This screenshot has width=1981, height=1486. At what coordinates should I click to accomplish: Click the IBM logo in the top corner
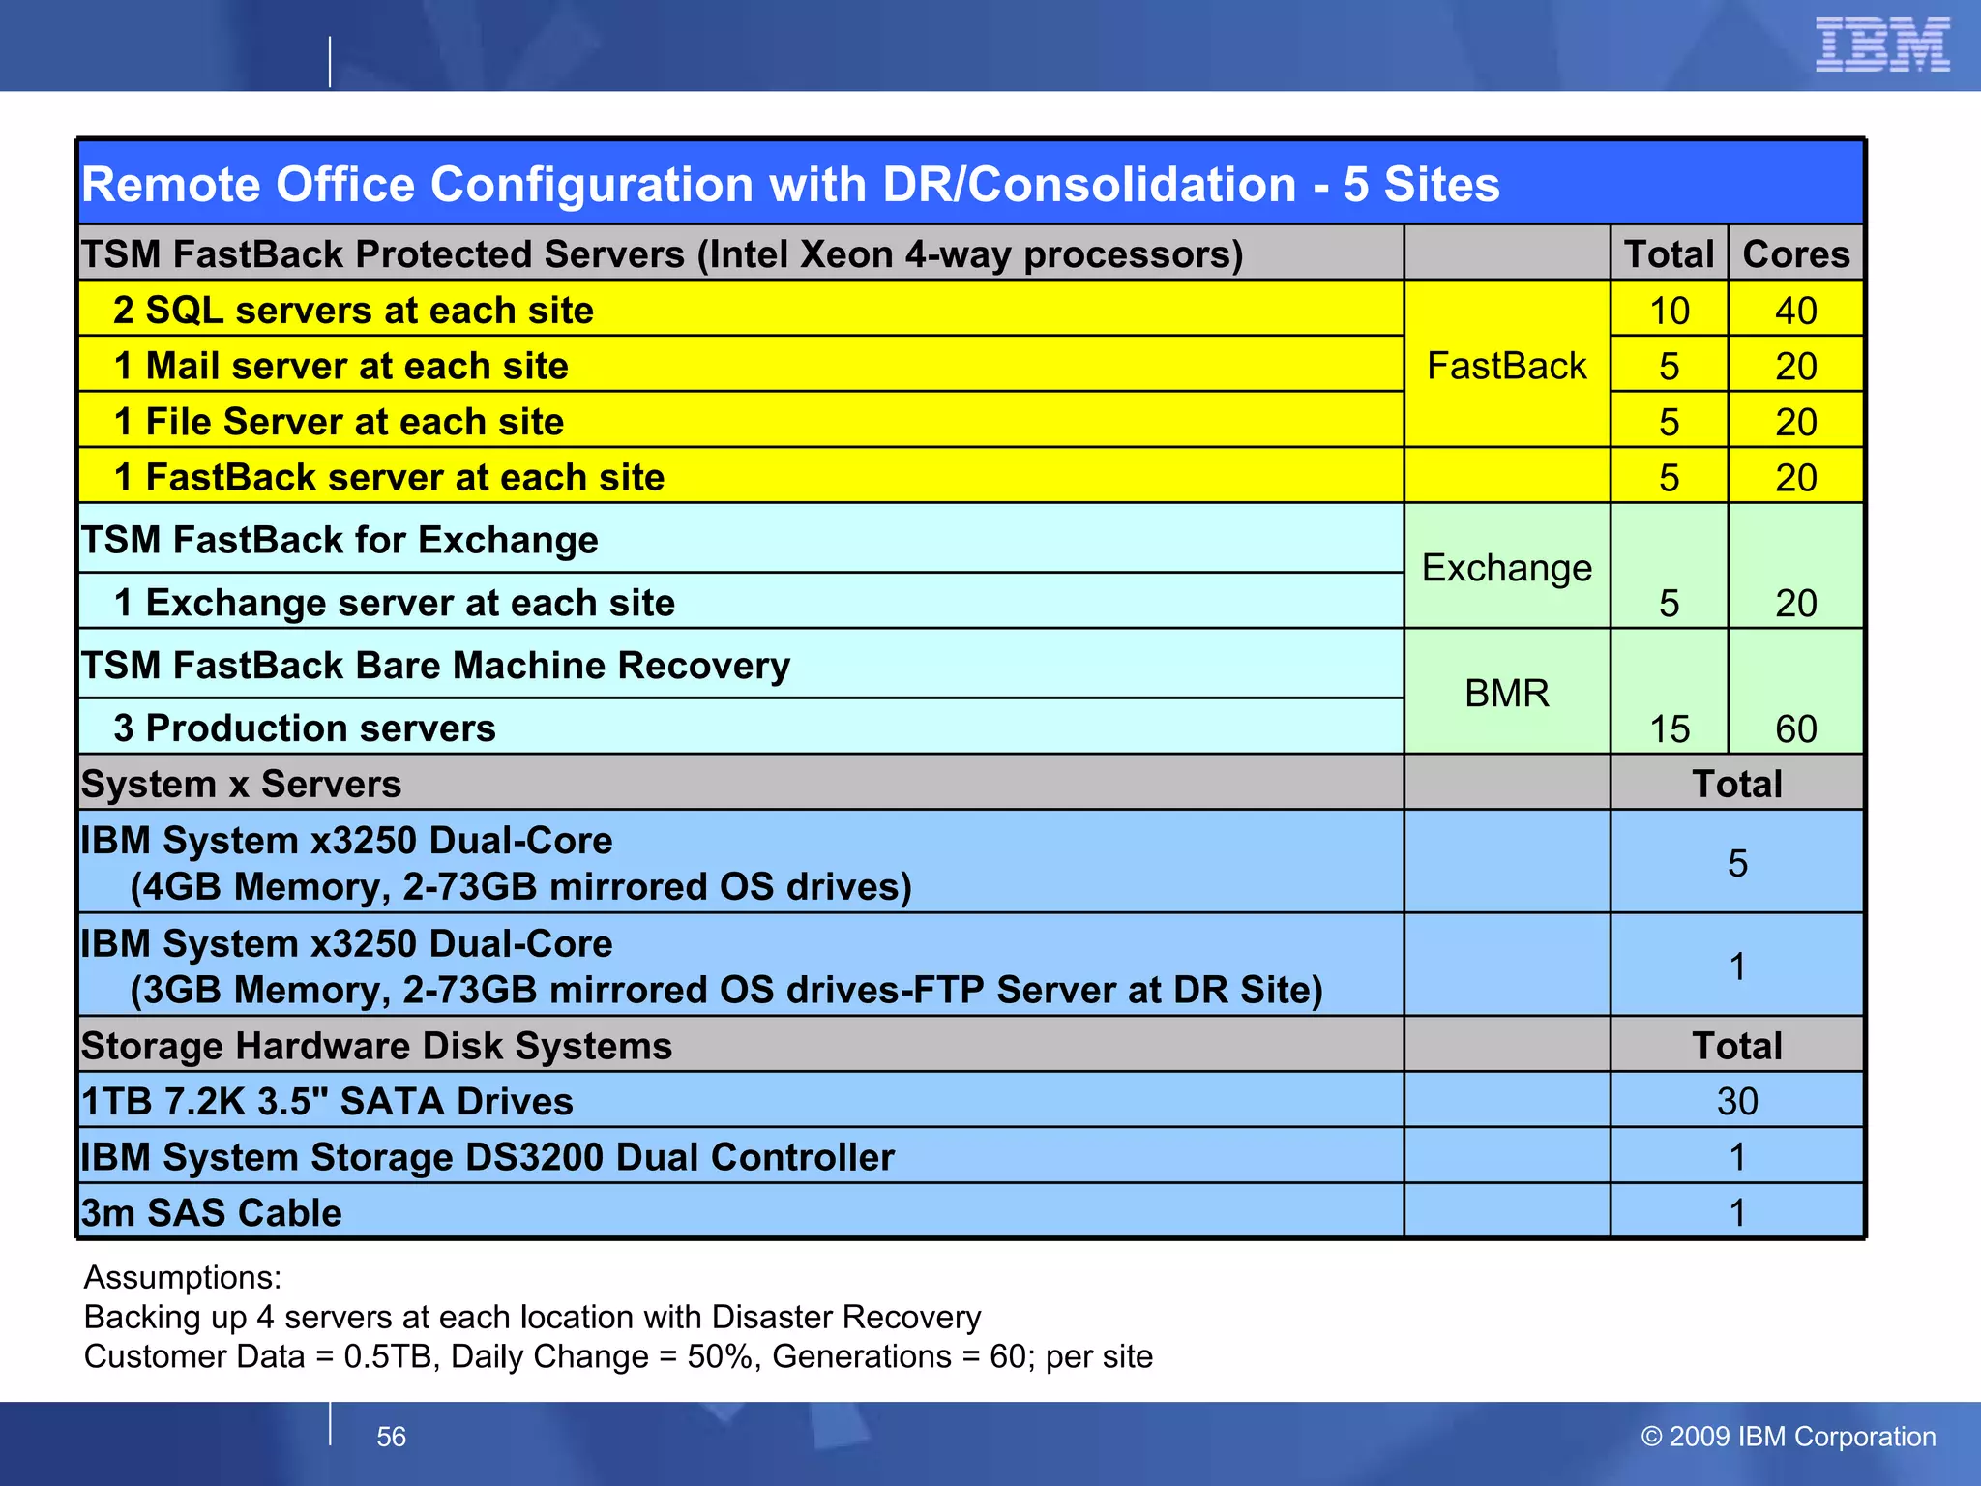[x=1881, y=45]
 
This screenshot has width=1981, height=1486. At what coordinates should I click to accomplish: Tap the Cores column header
[x=1795, y=254]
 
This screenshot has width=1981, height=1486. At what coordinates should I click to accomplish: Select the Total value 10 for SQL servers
[x=1669, y=311]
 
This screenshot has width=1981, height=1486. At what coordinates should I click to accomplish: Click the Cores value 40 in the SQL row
[x=1795, y=311]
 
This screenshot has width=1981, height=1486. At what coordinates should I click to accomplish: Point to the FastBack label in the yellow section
[x=1506, y=366]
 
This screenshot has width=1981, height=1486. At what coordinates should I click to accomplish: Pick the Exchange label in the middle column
[x=1506, y=568]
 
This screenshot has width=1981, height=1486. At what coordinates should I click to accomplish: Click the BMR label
[x=1506, y=693]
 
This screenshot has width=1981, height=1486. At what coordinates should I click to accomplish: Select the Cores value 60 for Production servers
[x=1795, y=728]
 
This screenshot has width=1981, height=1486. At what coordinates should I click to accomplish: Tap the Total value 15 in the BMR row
[x=1669, y=728]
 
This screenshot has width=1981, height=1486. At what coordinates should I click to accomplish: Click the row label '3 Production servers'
[x=305, y=728]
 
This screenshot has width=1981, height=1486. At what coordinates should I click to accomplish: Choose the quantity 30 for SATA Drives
[x=1737, y=1101]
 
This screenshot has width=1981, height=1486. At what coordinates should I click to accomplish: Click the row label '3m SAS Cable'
[x=212, y=1212]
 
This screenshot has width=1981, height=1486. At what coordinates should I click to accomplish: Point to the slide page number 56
[x=391, y=1437]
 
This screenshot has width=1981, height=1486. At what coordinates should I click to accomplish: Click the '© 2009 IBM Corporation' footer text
[x=1789, y=1437]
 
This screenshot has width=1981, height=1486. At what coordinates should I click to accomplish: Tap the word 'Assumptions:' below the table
[x=183, y=1277]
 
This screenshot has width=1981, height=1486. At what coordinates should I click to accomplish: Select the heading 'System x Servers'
[x=241, y=784]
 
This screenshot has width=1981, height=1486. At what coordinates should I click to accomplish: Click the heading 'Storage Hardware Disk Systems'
[x=376, y=1046]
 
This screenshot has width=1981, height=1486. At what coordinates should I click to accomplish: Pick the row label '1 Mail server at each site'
[x=340, y=366]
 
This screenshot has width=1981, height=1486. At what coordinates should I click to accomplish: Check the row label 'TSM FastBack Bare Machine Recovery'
[x=435, y=666]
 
